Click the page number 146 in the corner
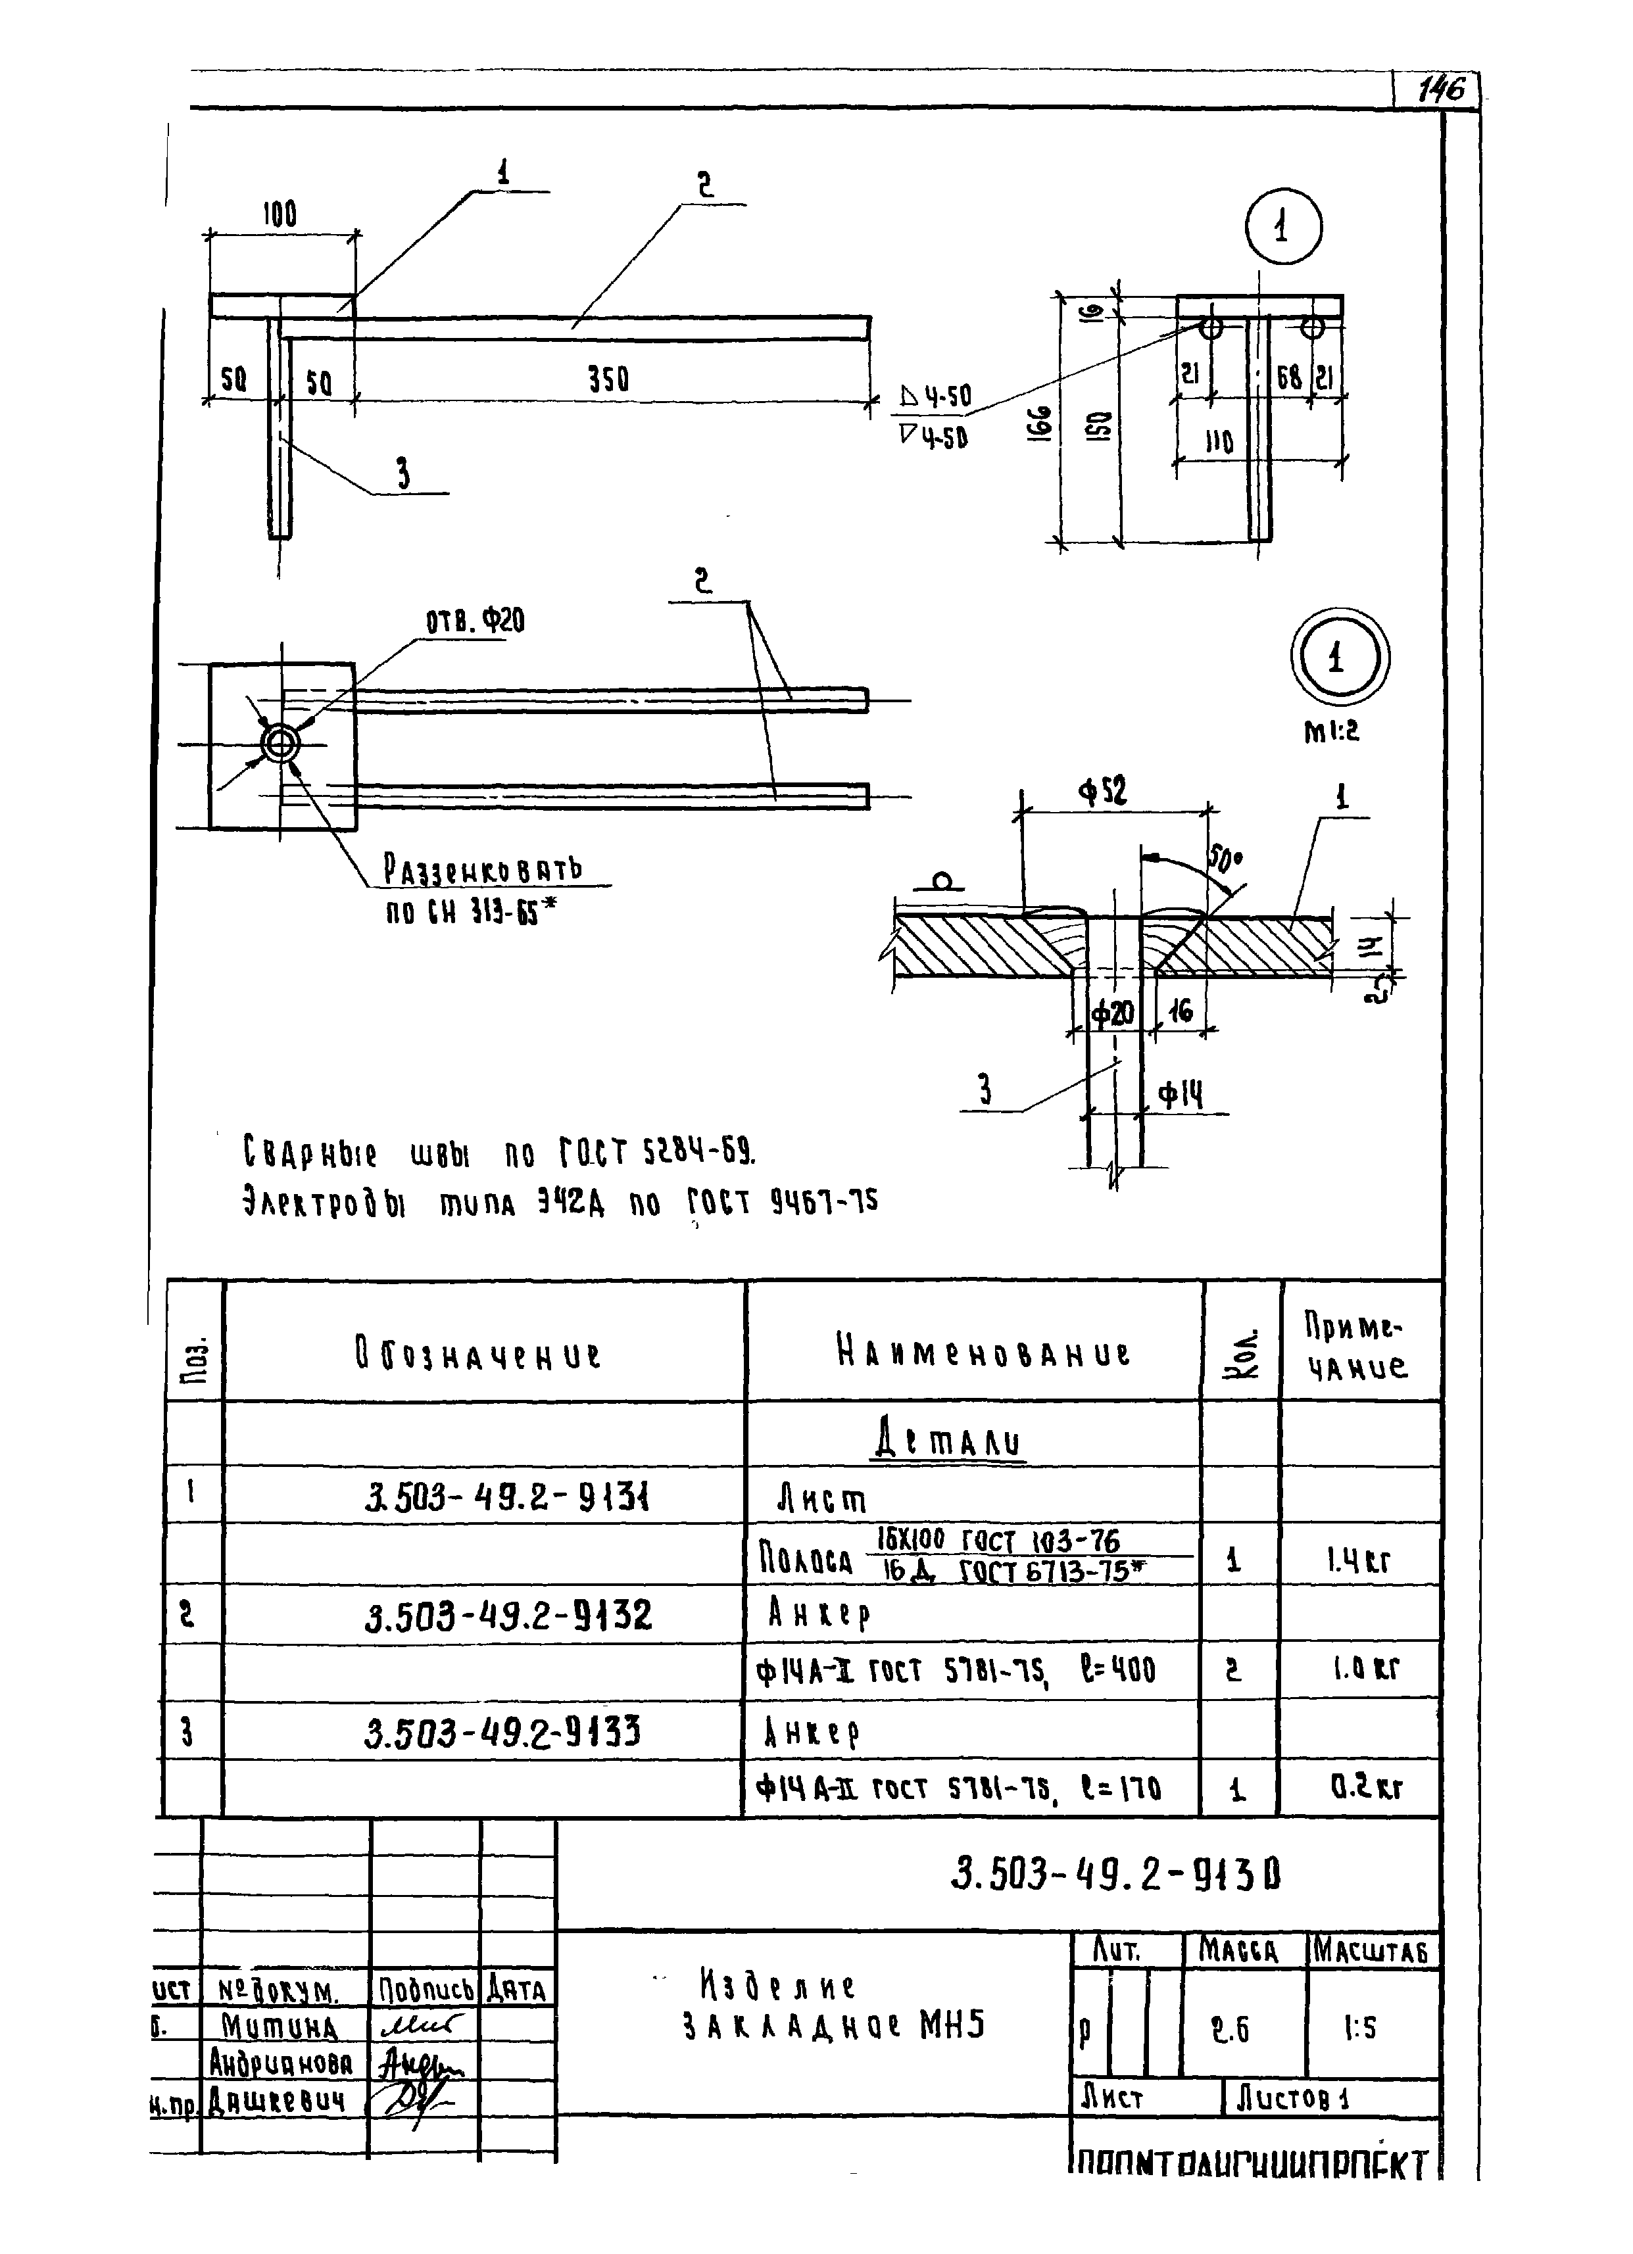pos(1440,91)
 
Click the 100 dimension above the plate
pos(280,214)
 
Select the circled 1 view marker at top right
pos(1283,228)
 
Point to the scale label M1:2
pos(1331,731)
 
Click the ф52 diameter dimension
pos(1103,792)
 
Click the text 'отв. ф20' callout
pos(475,622)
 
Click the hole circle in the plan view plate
pos(280,744)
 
